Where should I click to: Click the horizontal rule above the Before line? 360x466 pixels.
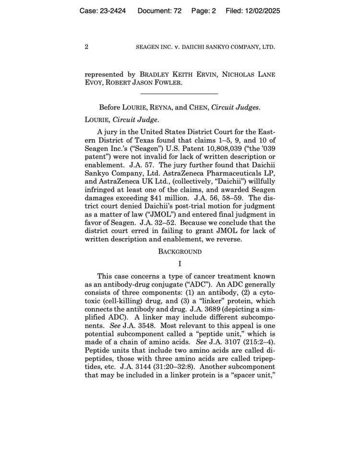click(180, 93)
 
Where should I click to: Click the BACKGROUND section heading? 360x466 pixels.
click(180, 251)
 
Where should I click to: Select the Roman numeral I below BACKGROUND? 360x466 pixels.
click(180, 263)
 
